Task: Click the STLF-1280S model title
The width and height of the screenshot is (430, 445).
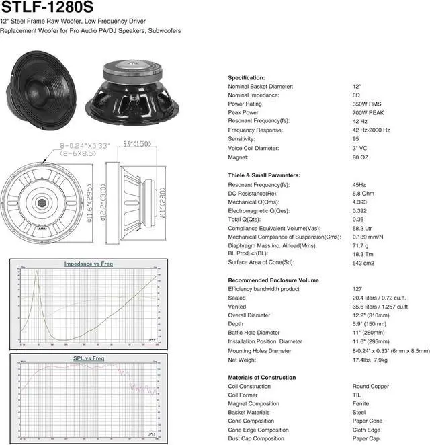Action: click(x=46, y=9)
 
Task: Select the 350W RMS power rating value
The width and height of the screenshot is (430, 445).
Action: click(x=368, y=104)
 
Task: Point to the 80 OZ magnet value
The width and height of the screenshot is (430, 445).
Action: click(x=361, y=157)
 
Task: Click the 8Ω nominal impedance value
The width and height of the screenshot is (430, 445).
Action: click(x=357, y=95)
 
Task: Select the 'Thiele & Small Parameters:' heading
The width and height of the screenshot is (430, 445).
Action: click(x=264, y=175)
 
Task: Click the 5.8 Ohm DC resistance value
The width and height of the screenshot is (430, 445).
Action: click(x=364, y=193)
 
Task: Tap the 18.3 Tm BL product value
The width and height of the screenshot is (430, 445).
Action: click(x=363, y=254)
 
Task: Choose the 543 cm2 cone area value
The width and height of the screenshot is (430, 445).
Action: click(x=363, y=263)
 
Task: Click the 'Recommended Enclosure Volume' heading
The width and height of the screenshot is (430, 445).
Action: click(x=273, y=280)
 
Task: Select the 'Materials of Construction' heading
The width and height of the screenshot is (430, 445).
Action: click(x=261, y=378)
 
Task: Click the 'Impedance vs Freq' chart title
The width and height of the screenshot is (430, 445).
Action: click(x=89, y=264)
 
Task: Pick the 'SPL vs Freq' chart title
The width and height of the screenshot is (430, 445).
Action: click(x=89, y=359)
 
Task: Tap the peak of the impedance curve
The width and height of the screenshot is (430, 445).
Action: click(x=36, y=272)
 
